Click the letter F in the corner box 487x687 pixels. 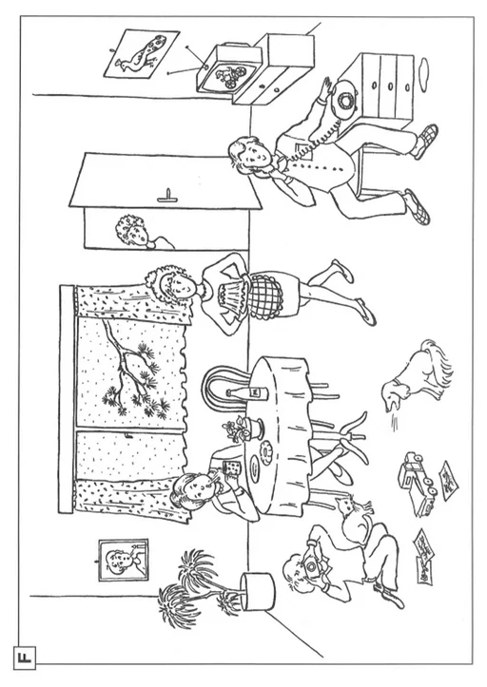click(25, 658)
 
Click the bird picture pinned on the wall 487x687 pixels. click(142, 54)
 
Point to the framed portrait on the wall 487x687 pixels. click(124, 560)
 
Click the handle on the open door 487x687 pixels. click(167, 198)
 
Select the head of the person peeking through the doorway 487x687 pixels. click(130, 230)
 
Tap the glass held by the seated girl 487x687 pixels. click(231, 468)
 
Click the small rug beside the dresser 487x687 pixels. click(424, 68)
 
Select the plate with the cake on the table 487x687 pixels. click(266, 451)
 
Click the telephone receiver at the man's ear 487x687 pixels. click(272, 169)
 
